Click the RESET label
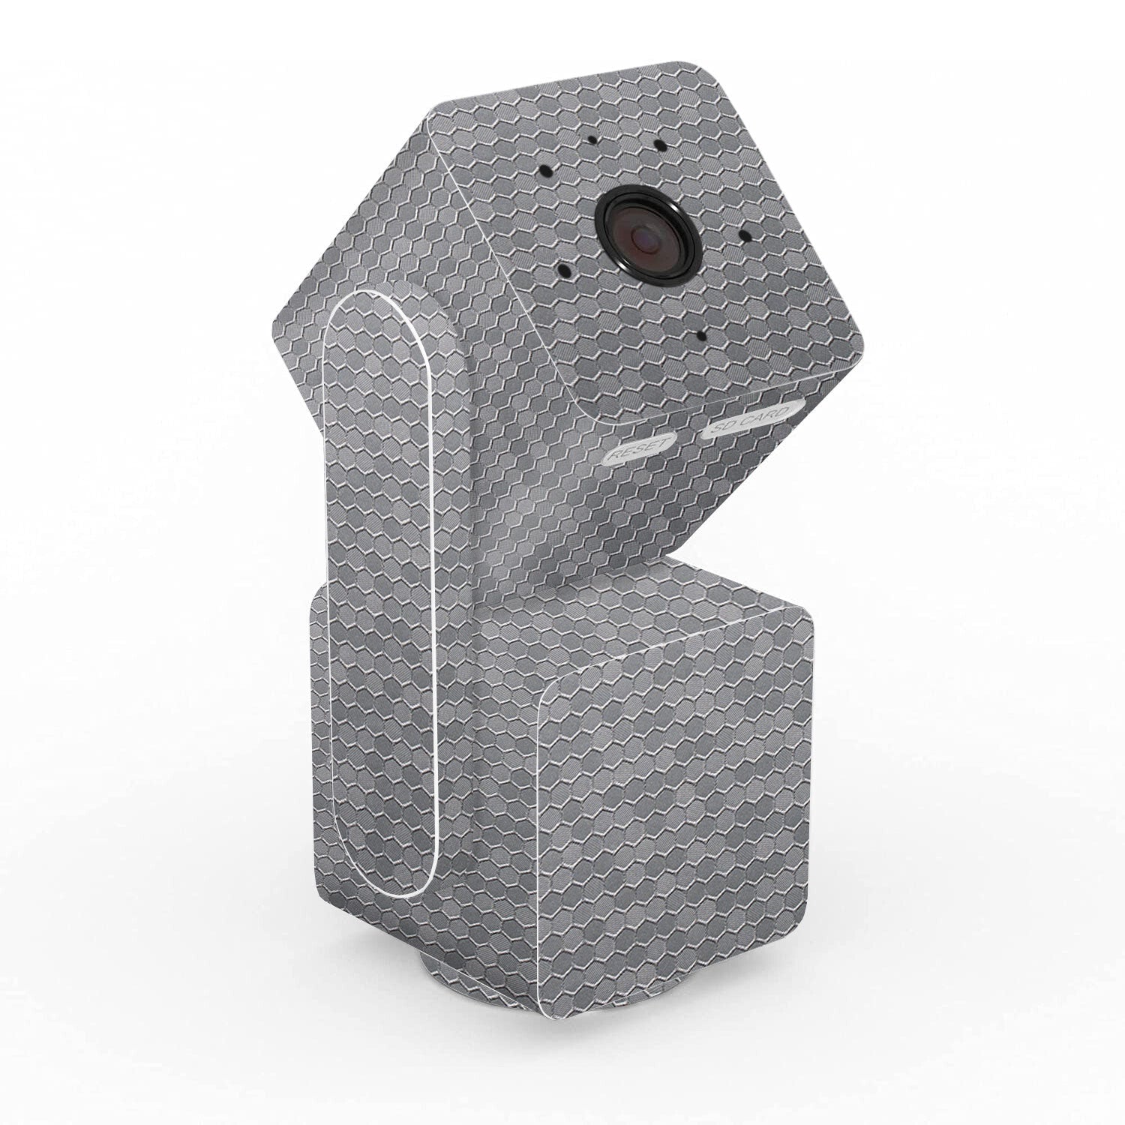pyautogui.click(x=637, y=451)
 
